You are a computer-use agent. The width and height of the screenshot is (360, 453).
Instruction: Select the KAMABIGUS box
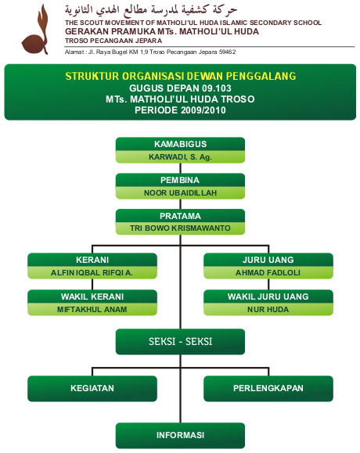coord(180,145)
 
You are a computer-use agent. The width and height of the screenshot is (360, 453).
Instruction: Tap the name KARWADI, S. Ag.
coord(180,156)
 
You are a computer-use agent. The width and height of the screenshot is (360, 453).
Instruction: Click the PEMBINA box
coord(180,180)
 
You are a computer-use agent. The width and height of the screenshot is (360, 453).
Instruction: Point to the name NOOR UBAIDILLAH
coord(180,192)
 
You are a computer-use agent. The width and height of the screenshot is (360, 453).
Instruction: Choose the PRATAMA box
coord(180,216)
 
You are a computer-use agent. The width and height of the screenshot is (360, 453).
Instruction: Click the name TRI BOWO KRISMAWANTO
coord(180,228)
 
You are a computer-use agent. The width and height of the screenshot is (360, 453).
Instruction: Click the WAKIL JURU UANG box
coord(268,297)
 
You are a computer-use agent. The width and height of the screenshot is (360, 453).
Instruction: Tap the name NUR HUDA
coord(268,309)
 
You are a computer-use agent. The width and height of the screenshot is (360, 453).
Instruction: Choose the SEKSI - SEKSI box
coord(180,342)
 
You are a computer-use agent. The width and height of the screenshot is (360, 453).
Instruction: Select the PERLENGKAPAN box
coord(268,388)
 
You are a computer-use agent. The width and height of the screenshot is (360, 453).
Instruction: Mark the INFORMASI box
coord(180,435)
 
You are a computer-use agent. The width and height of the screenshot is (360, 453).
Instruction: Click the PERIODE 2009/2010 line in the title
coord(180,110)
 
